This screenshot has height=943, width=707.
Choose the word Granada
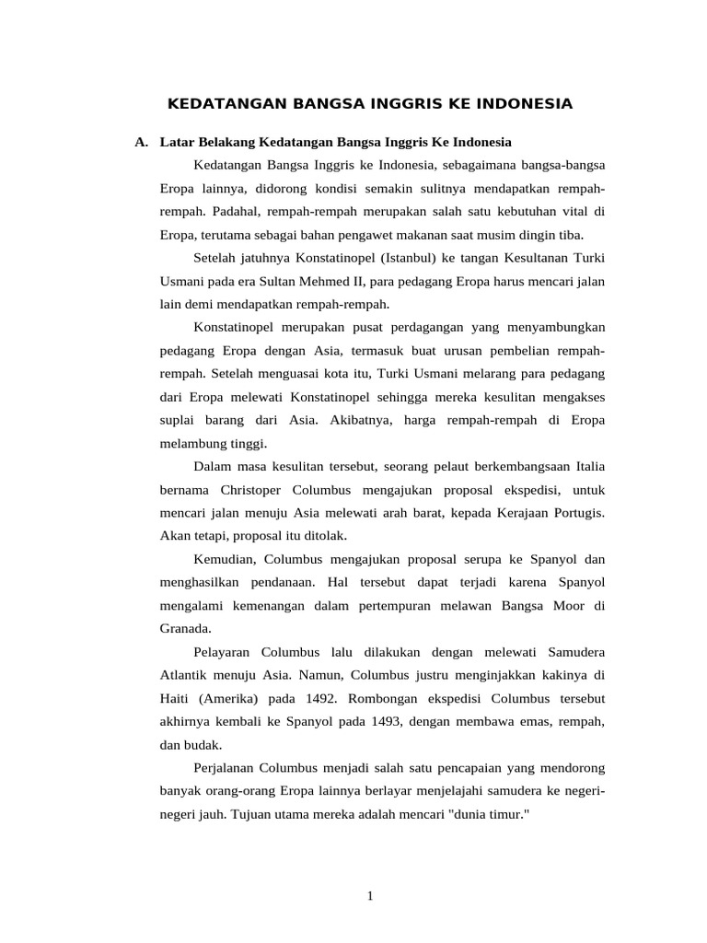185,629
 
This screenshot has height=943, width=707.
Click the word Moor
569,606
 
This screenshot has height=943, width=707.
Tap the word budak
203,745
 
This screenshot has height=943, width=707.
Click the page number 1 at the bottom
369,896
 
